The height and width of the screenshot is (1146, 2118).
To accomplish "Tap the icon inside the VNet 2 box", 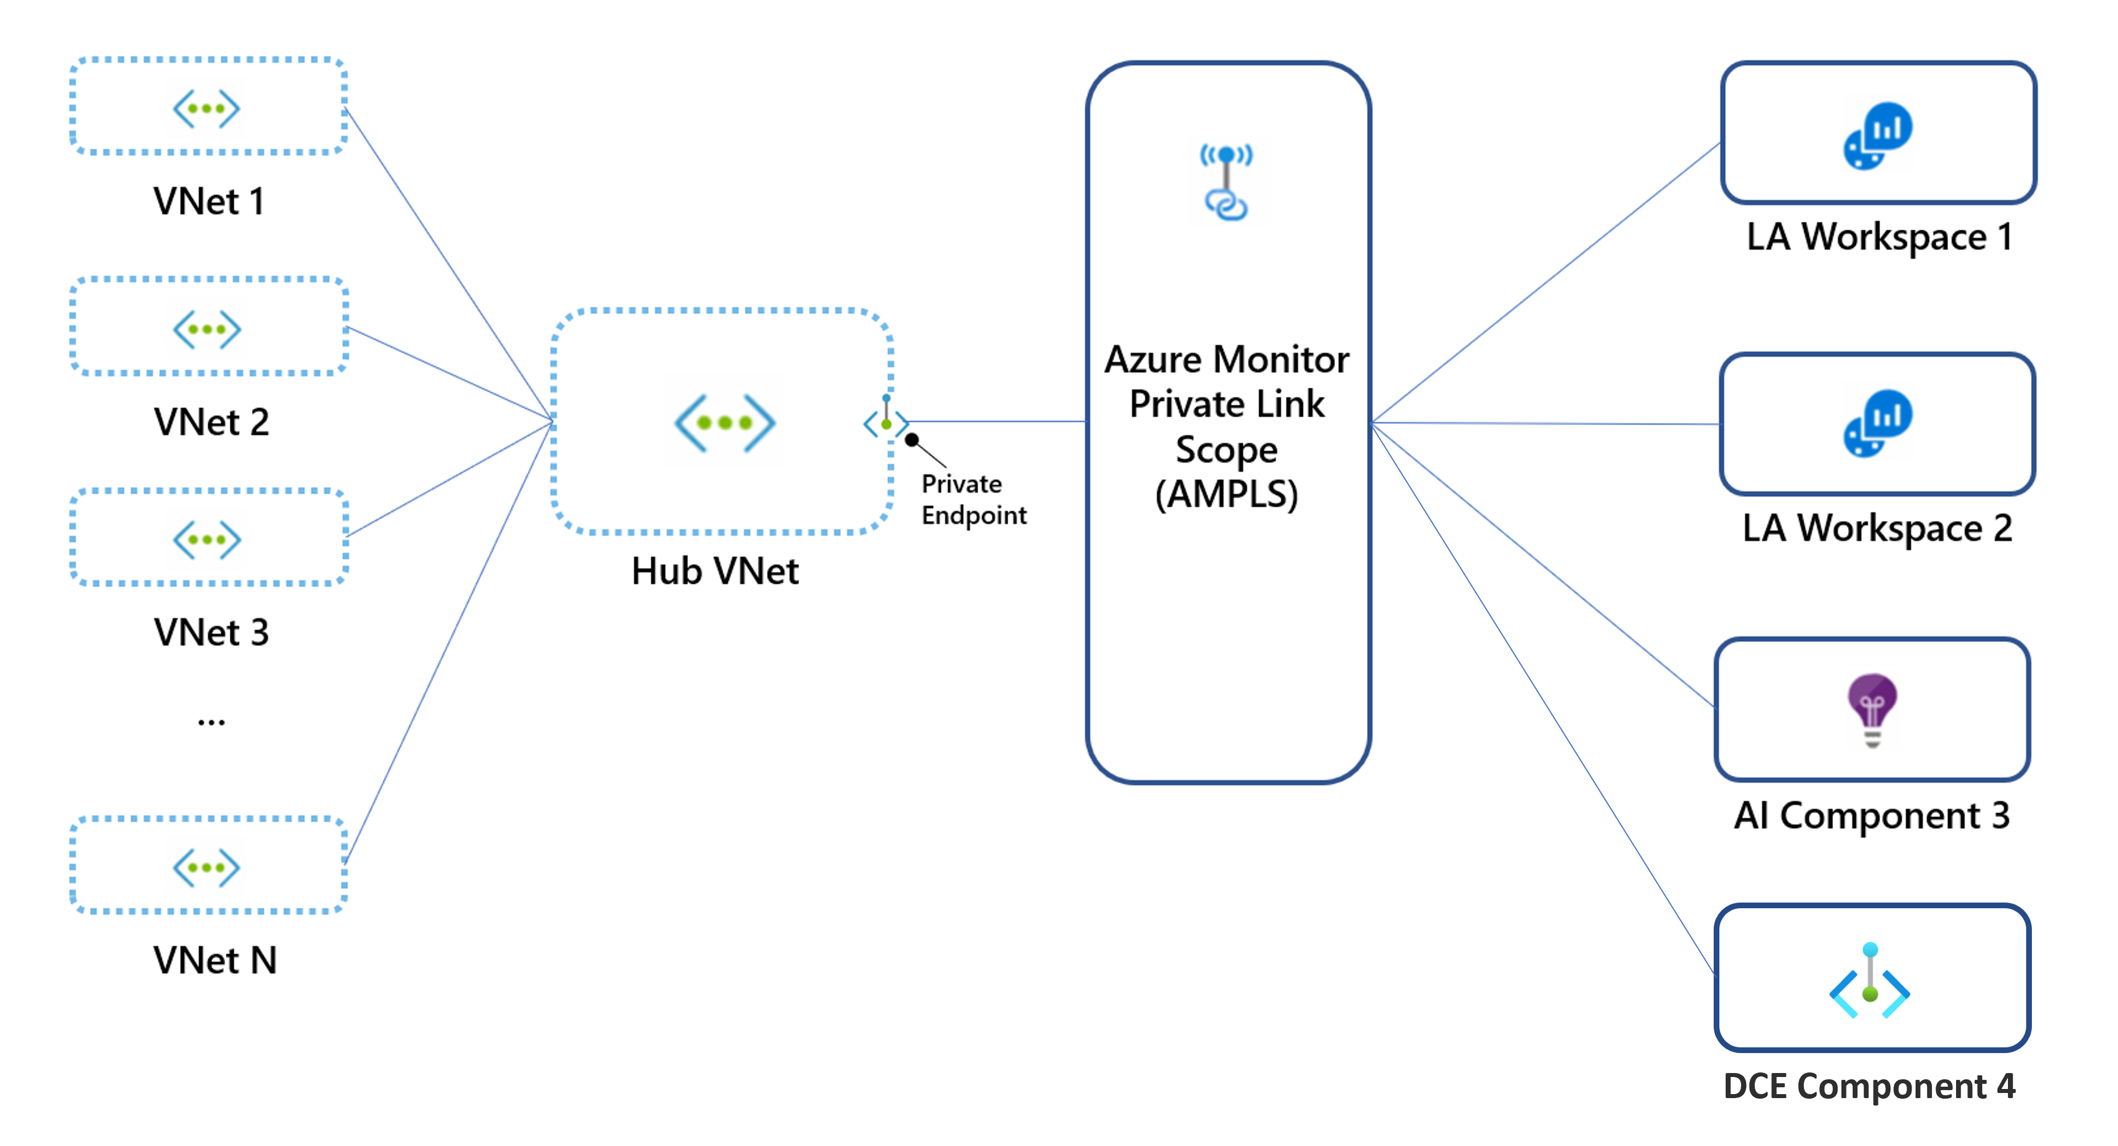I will coord(206,330).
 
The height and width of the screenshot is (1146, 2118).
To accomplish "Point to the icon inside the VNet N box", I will coord(206,867).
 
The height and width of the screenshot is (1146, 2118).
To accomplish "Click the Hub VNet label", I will coord(715,571).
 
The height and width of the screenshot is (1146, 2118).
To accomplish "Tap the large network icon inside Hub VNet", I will coord(724,422).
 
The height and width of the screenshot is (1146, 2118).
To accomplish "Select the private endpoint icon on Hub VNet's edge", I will coord(886,421).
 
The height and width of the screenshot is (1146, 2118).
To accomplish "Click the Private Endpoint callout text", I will coord(973,499).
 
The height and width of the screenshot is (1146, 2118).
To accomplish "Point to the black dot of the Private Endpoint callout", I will coord(912,440).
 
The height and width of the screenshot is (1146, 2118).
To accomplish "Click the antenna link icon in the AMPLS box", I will coord(1226,182).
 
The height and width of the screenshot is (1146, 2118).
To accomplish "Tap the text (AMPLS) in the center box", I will coord(1226,495).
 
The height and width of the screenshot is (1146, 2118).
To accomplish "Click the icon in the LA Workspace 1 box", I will coord(1878,136).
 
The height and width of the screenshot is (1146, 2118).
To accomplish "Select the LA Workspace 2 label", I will coord(1877,529).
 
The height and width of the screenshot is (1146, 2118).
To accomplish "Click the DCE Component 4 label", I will coord(1869,1087).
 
